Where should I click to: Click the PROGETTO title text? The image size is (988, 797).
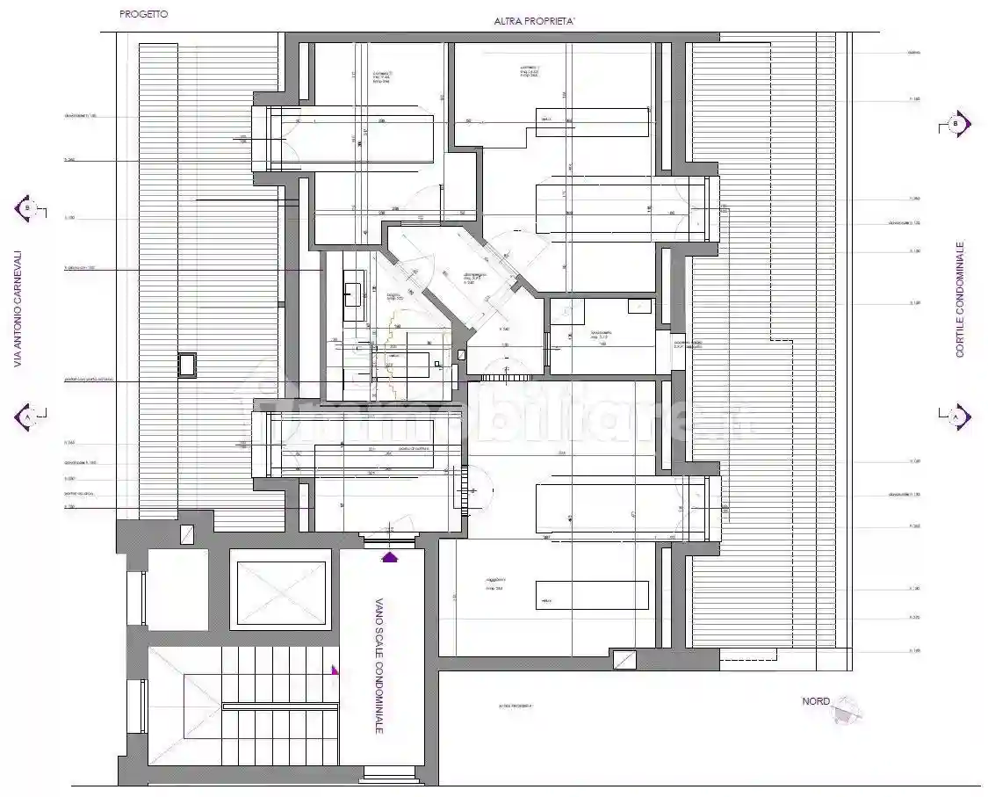point(144,15)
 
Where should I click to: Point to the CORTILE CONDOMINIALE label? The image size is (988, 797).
point(960,299)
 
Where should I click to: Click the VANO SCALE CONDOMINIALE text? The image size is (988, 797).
point(379,666)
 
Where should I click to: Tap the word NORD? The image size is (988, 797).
point(816,701)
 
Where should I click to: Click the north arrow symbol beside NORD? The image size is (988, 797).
point(848,708)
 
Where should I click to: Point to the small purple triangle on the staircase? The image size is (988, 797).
point(334,670)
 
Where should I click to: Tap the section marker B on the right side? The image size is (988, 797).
point(956,124)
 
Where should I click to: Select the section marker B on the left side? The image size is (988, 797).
point(25,209)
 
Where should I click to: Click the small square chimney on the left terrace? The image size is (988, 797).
point(187,365)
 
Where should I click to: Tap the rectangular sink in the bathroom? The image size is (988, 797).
point(355,288)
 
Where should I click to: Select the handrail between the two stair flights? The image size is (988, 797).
point(280,706)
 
